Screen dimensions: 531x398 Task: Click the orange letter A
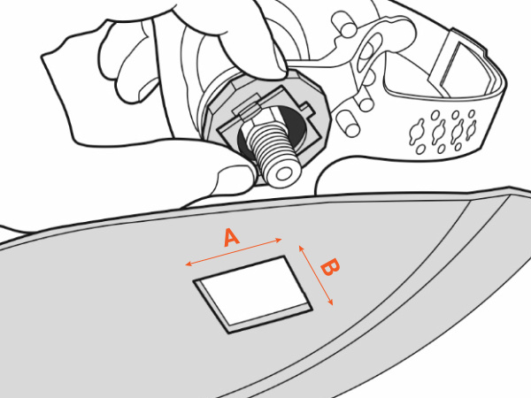click(x=232, y=238)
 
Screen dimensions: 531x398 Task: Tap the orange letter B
click(x=330, y=267)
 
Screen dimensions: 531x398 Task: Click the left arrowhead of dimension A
click(x=189, y=264)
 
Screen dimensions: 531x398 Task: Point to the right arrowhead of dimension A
click(x=279, y=241)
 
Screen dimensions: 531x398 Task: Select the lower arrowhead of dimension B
click(x=330, y=302)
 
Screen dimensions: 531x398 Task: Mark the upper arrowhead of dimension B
click(x=302, y=249)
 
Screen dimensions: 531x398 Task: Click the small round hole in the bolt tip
click(x=284, y=175)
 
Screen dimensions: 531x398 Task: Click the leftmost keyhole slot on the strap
click(x=417, y=132)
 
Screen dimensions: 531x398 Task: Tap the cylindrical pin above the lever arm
click(x=343, y=24)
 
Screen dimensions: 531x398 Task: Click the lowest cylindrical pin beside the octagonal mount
click(x=347, y=125)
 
